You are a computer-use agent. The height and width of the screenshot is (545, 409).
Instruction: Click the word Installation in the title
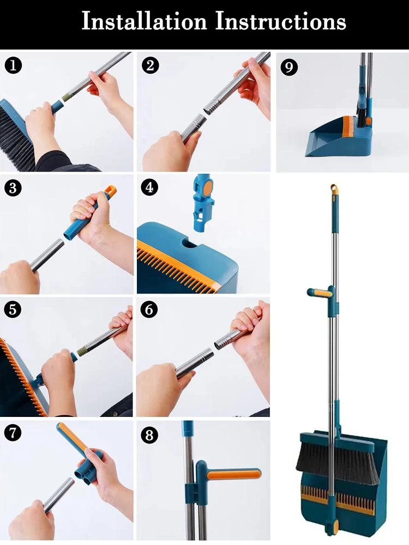[x=145, y=21]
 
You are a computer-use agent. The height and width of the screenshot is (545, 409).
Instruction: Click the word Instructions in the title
[x=281, y=21]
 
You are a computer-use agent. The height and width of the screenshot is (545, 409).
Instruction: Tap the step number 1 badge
[x=13, y=65]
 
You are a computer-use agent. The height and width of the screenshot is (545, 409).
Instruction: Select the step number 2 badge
[x=151, y=65]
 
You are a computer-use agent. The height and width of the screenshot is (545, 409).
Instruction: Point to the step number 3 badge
[x=13, y=187]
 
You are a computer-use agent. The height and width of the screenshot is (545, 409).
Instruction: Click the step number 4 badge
[x=149, y=187]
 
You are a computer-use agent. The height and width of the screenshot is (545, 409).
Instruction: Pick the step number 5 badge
[x=13, y=309]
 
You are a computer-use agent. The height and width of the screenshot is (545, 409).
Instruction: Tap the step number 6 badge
[x=149, y=309]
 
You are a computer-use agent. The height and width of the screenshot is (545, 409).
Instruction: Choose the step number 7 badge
[x=13, y=433]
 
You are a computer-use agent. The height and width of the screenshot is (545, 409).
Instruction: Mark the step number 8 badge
[x=149, y=434]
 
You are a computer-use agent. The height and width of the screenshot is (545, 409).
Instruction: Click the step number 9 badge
[x=289, y=67]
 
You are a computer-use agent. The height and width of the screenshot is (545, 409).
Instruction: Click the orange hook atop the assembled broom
[x=334, y=190]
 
